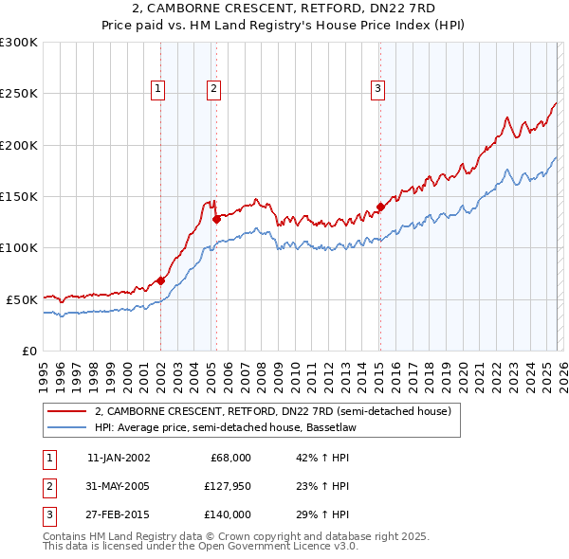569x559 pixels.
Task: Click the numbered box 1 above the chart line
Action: [157, 89]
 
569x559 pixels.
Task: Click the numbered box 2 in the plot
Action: [214, 89]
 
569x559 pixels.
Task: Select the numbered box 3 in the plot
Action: [377, 89]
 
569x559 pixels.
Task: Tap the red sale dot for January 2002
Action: [160, 280]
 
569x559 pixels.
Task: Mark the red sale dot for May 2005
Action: [216, 219]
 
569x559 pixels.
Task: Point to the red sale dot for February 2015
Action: [380, 207]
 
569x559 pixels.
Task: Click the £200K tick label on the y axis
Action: [19, 145]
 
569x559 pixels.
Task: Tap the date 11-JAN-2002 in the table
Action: [118, 458]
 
